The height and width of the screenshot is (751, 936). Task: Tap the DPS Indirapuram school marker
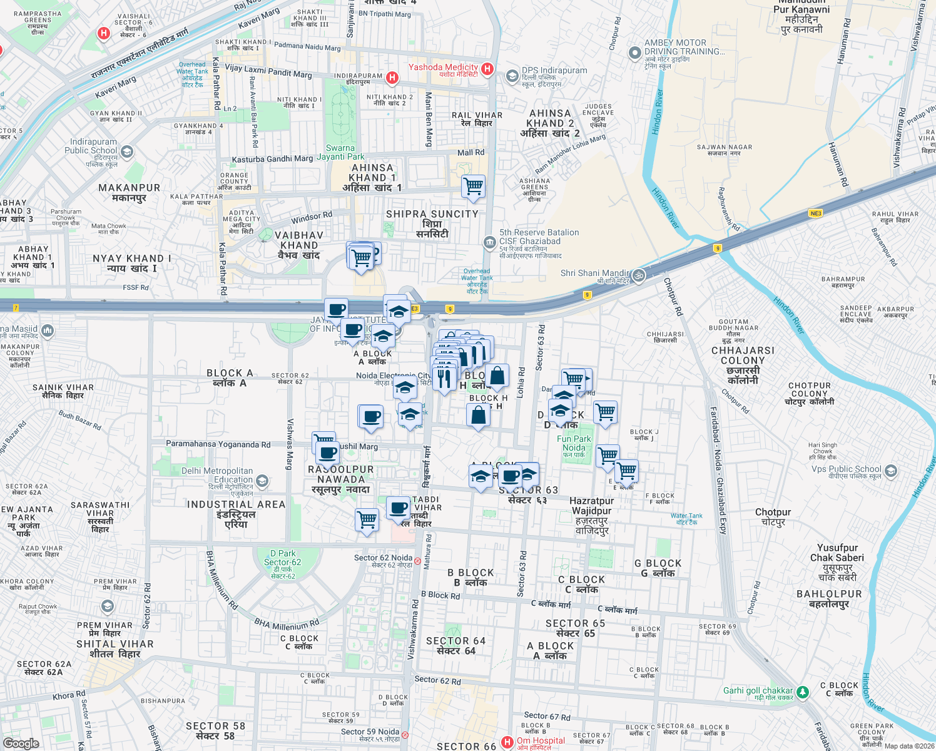[512, 75]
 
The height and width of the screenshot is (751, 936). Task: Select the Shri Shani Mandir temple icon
[638, 275]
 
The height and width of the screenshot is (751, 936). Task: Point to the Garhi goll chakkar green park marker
[802, 692]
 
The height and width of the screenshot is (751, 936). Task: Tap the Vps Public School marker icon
[891, 471]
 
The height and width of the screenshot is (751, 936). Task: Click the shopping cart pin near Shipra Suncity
[474, 186]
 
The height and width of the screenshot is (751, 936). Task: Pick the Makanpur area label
[130, 192]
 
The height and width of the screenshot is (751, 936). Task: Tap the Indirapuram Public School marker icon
[127, 151]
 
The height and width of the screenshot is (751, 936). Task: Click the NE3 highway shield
[815, 213]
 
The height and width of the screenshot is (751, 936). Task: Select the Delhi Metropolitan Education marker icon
[262, 481]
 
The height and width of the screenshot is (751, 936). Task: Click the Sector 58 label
[215, 730]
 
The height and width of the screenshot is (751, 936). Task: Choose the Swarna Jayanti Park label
[340, 152]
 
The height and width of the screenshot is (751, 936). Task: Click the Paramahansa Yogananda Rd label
[218, 444]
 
